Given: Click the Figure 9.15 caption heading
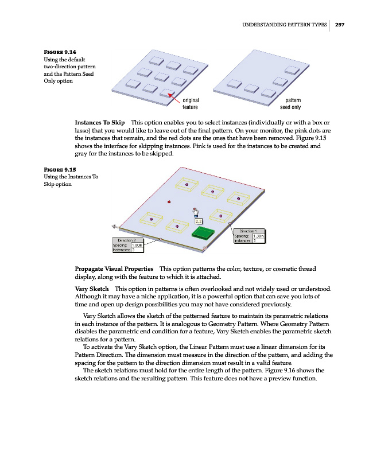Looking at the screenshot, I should point(60,169).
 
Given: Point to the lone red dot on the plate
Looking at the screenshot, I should point(169,202).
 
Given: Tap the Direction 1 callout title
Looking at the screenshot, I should point(248,231).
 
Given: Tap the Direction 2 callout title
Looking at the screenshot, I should point(126,239).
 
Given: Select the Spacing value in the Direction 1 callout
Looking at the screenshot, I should point(259,236).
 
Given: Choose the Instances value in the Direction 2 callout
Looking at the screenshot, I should point(134,250).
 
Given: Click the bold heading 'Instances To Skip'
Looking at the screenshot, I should point(100,123).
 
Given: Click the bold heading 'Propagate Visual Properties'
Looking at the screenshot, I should point(114,269).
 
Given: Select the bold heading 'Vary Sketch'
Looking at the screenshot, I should point(92,287).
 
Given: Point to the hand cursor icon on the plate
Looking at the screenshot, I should point(196,212).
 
